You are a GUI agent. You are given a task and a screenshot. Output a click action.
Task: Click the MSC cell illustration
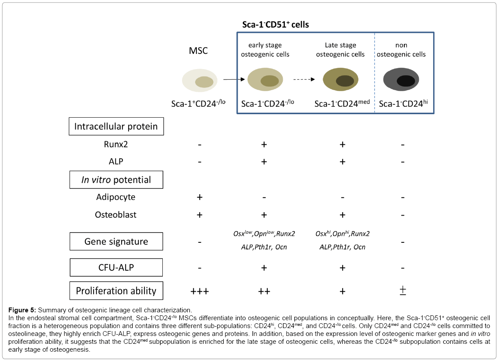click(x=200, y=81)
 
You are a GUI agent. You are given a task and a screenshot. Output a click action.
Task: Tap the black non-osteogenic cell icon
click(x=401, y=80)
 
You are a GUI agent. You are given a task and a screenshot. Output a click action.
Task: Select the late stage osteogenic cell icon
click(x=341, y=80)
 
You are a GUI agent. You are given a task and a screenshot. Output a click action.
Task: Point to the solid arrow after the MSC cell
click(x=233, y=80)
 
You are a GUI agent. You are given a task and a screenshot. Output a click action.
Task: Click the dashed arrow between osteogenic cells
click(x=304, y=80)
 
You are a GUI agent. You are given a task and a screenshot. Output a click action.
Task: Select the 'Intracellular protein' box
click(x=116, y=126)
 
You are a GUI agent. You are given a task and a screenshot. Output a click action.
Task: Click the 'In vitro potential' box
click(x=116, y=179)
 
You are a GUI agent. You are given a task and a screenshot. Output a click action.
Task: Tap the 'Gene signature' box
click(x=116, y=241)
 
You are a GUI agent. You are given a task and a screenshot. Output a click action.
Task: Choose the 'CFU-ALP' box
click(x=116, y=267)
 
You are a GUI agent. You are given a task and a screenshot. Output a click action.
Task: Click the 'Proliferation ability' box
click(x=116, y=291)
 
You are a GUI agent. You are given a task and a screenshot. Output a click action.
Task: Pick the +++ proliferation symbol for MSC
click(x=200, y=291)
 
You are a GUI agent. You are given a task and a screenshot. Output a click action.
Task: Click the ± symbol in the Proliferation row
click(x=403, y=291)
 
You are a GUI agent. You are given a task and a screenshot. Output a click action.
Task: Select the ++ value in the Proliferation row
click(x=264, y=291)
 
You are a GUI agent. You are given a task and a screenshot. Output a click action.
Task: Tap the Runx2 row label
click(x=116, y=144)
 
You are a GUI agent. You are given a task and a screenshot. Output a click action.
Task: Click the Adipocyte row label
click(x=116, y=197)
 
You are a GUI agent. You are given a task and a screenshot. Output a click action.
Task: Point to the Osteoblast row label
click(x=116, y=215)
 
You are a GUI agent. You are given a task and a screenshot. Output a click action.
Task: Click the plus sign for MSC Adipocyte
click(x=200, y=197)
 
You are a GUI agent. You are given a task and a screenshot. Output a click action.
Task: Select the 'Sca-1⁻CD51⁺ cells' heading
click(x=276, y=25)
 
